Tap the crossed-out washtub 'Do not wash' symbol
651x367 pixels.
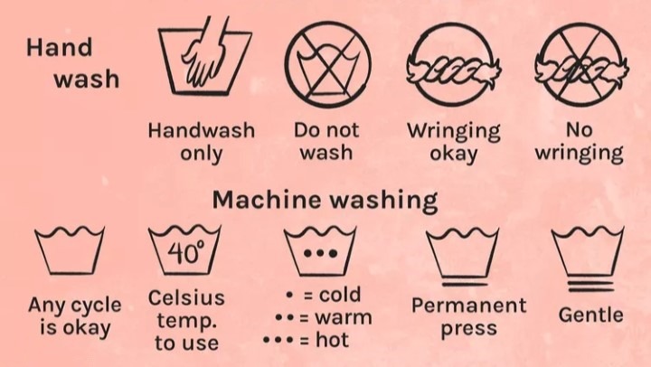click(x=327, y=63)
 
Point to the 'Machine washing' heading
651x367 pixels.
click(x=325, y=200)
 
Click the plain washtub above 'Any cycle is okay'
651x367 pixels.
click(x=70, y=249)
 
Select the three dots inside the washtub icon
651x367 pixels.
click(x=320, y=253)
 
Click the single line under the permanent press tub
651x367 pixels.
click(x=464, y=285)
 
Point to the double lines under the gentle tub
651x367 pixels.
click(x=590, y=287)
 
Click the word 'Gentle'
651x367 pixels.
click(x=590, y=315)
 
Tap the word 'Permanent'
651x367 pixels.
click(x=468, y=306)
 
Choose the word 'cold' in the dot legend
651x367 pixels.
click(x=340, y=295)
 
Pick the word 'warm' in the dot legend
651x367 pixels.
click(x=343, y=317)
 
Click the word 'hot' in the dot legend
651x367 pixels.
click(x=332, y=340)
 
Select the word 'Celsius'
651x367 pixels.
click(x=186, y=297)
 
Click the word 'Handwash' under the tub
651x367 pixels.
click(x=202, y=130)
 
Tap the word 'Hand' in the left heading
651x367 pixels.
click(x=59, y=47)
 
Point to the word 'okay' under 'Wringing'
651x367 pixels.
click(x=453, y=154)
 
